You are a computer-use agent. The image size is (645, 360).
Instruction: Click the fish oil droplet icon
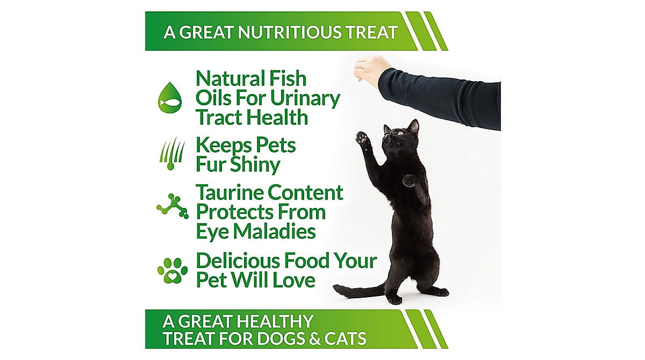[x=170, y=98]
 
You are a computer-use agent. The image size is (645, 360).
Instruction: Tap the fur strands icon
[x=171, y=153]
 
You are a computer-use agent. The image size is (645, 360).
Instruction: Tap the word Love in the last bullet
[x=296, y=280]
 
